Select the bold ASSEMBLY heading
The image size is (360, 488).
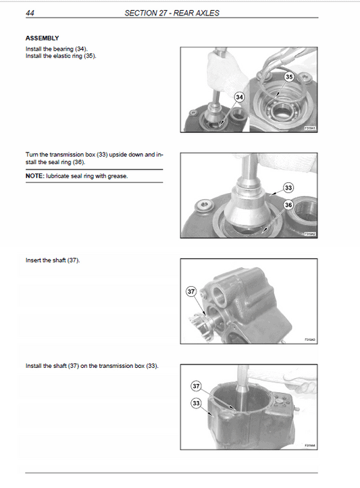(x=42, y=38)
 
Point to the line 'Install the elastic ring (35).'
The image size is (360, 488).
(x=61, y=56)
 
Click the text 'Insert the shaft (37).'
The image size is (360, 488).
(x=52, y=261)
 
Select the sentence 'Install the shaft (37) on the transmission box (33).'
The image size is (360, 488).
(x=91, y=366)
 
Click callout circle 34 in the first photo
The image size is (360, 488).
(x=239, y=98)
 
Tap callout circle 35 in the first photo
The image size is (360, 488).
(x=289, y=78)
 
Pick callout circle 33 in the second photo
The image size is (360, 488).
(x=288, y=188)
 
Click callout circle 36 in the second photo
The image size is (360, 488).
(x=288, y=205)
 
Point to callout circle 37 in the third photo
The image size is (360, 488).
(x=190, y=292)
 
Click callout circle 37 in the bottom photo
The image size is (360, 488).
(x=196, y=386)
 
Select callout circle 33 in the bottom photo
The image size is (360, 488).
(x=196, y=403)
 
